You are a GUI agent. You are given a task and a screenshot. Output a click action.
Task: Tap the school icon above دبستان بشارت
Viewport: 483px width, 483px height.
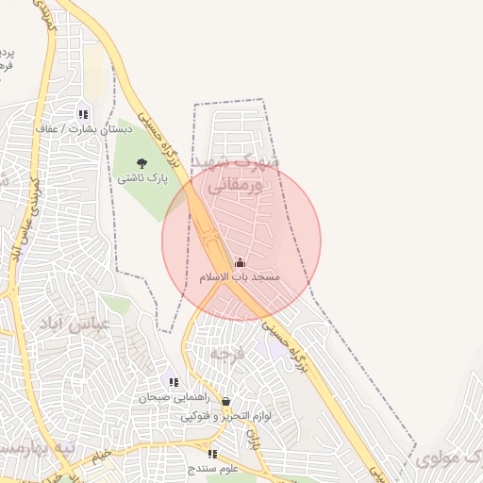tap(83, 114)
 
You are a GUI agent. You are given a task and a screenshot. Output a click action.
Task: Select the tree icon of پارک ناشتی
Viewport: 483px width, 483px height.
tap(142, 163)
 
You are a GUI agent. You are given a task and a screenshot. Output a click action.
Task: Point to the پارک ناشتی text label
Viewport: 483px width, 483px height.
tap(142, 177)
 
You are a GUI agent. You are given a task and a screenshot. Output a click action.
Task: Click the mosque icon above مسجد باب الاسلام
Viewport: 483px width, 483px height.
tap(240, 263)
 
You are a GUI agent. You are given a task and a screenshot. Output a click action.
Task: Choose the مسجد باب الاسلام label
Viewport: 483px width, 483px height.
tap(240, 277)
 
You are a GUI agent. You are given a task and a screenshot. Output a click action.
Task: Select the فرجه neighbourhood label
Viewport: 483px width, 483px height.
tap(227, 355)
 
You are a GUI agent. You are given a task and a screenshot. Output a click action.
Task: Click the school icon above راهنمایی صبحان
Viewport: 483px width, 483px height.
tap(174, 382)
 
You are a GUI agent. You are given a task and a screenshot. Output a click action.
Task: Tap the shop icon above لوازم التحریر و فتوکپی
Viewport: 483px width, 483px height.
tap(225, 401)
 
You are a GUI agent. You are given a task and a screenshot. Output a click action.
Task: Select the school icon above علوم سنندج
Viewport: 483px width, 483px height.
tap(212, 454)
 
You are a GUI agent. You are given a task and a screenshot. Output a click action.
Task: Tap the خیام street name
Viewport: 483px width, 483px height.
tap(103, 457)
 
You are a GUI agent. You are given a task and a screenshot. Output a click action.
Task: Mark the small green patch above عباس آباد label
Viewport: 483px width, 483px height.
tap(116, 304)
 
